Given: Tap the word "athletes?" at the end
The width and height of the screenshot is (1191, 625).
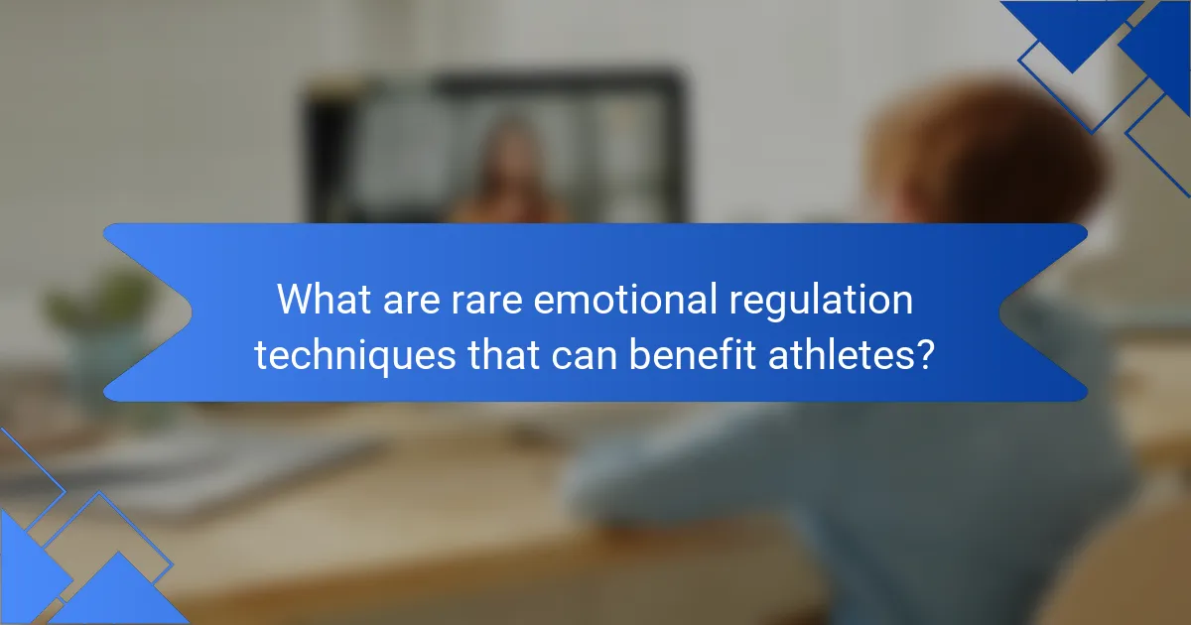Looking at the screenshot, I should [860, 354].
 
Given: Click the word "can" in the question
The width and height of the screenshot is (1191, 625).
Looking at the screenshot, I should [594, 354].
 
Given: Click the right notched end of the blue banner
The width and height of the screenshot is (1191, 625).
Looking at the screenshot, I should [1052, 312].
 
